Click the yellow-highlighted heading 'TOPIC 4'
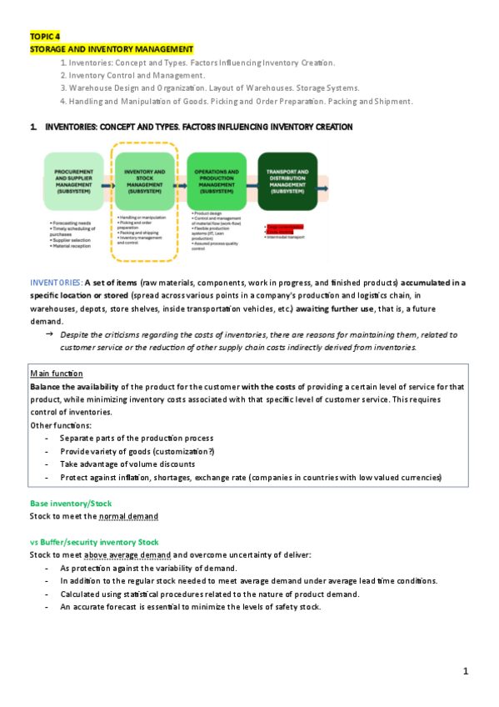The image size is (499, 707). pyautogui.click(x=45, y=38)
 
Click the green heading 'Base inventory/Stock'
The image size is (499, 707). pyautogui.click(x=70, y=504)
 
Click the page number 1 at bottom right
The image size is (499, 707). pyautogui.click(x=467, y=671)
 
